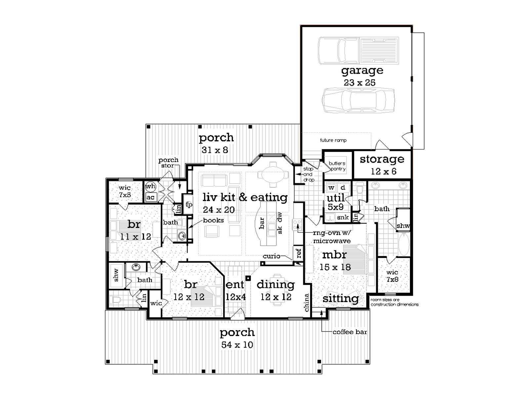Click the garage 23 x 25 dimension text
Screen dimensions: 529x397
click(x=359, y=83)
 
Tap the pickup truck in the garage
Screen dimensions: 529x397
click(x=358, y=50)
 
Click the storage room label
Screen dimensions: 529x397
click(x=382, y=159)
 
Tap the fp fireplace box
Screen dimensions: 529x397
click(x=189, y=204)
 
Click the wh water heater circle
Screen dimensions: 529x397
click(x=151, y=186)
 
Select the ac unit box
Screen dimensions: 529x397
click(x=151, y=197)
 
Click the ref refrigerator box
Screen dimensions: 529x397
click(x=299, y=253)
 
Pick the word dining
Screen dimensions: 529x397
click(x=276, y=285)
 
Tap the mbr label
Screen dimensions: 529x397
click(x=335, y=255)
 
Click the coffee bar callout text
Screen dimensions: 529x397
click(x=350, y=332)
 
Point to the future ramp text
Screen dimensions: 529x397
click(x=333, y=140)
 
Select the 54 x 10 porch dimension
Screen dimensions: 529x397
click(x=237, y=345)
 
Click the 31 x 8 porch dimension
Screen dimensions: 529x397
click(x=215, y=150)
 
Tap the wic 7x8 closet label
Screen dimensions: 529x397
click(x=392, y=276)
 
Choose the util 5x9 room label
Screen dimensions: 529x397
click(x=336, y=202)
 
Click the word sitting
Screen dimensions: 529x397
click(x=341, y=299)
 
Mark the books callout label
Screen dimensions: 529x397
click(x=213, y=220)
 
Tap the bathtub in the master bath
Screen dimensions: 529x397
click(x=404, y=244)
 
